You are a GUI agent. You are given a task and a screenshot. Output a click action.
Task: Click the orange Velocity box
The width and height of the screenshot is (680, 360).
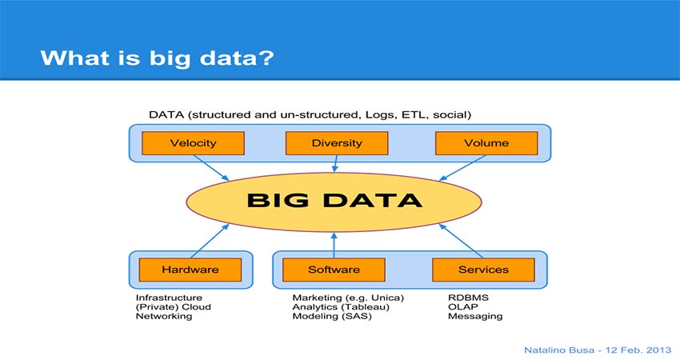(x=193, y=143)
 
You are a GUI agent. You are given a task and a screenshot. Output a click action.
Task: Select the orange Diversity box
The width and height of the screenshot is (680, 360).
(x=337, y=143)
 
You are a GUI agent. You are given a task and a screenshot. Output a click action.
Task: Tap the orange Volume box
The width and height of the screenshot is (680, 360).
(x=486, y=143)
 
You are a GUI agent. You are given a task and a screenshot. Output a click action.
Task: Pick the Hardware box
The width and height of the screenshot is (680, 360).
(x=190, y=270)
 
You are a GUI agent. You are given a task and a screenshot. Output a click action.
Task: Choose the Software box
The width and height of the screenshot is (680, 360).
(x=334, y=270)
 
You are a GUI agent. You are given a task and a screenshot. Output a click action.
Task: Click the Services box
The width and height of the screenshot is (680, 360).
(x=483, y=270)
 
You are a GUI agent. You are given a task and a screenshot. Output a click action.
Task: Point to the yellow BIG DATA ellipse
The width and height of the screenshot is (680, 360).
(x=334, y=202)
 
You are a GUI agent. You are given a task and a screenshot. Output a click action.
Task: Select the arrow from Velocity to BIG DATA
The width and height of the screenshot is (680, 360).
(x=210, y=167)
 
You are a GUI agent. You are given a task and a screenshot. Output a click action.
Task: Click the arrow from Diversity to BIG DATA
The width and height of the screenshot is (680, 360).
(x=335, y=163)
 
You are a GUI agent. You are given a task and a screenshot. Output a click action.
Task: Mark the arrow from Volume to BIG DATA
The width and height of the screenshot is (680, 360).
(x=462, y=167)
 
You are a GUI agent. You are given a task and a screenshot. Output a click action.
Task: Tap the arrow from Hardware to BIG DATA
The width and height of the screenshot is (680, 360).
(x=210, y=241)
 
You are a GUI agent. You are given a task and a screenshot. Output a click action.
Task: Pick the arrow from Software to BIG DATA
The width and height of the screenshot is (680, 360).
(x=334, y=245)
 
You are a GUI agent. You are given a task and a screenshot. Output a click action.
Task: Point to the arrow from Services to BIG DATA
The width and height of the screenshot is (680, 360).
(x=461, y=241)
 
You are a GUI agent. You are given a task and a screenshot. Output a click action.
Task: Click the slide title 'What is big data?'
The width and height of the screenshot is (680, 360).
(x=157, y=58)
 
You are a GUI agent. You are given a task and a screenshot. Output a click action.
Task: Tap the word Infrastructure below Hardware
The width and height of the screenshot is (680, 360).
(x=169, y=298)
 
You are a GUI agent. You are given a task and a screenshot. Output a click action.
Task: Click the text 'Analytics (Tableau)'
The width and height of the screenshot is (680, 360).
(x=341, y=307)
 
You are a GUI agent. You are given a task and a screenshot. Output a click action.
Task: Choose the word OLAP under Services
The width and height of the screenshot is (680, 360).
(x=462, y=306)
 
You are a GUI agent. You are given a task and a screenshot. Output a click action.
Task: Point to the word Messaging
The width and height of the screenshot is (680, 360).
(x=475, y=316)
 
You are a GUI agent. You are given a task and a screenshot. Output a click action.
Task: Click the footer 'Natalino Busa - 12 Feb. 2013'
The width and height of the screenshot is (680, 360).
(x=598, y=350)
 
